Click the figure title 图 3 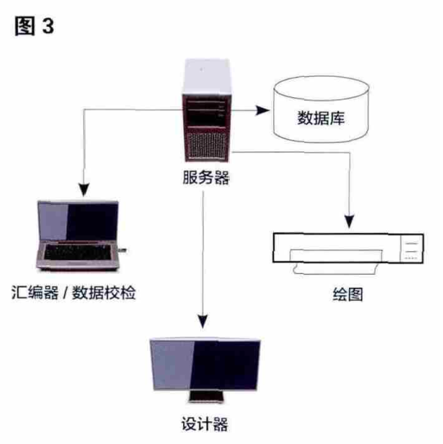(34, 26)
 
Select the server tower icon (207, 110)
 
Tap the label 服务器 (206, 177)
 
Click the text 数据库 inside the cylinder (320, 118)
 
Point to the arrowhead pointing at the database (262, 110)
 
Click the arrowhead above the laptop (84, 190)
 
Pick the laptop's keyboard (78, 252)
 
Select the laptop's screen (78, 222)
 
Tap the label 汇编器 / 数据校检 (74, 292)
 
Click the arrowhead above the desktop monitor (203, 321)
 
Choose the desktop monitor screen (205, 365)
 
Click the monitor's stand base (206, 397)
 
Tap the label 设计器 (204, 424)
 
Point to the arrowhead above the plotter (350, 222)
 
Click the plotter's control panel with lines (411, 249)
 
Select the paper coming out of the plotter (335, 262)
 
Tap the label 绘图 (347, 294)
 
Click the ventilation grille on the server (207, 146)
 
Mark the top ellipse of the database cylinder (321, 88)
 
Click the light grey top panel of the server (207, 77)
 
